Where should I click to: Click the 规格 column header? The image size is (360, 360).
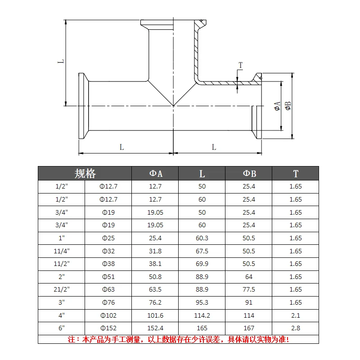(x=85, y=174)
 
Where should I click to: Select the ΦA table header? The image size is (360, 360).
(x=156, y=174)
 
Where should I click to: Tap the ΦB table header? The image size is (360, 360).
(x=249, y=174)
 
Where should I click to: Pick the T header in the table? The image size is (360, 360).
(x=296, y=174)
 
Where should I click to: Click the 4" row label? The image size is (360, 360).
(x=62, y=315)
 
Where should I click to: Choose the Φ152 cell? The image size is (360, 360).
(x=108, y=328)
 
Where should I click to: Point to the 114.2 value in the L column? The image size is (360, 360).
(x=202, y=315)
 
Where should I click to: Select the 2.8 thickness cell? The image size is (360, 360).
(x=296, y=328)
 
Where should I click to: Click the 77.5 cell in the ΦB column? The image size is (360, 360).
(x=249, y=289)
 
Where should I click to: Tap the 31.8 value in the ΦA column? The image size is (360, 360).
(x=155, y=251)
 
